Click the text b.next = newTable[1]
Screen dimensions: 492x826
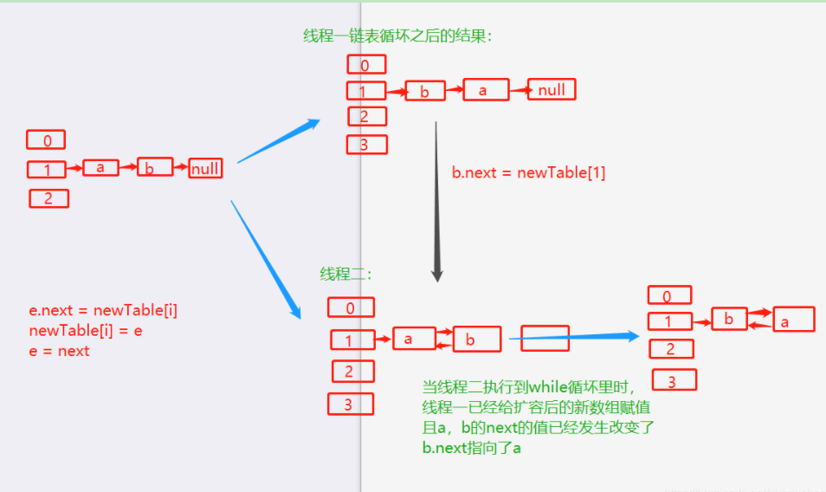[x=528, y=172]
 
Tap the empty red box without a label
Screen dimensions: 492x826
[x=545, y=338]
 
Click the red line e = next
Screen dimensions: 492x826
[x=59, y=351]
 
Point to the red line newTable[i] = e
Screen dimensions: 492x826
[x=85, y=331]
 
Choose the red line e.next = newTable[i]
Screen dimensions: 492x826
[x=103, y=310]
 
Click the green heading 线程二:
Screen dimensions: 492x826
[x=346, y=274]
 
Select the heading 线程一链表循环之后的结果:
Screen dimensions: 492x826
[x=397, y=36]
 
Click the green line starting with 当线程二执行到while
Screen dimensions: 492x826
[x=528, y=387]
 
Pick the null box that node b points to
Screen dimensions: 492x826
[x=205, y=168]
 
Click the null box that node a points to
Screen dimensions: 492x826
[x=552, y=89]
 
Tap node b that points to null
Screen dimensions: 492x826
[x=150, y=168]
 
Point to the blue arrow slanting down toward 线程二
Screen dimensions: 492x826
[x=267, y=260]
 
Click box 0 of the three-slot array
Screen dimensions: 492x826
[x=46, y=140]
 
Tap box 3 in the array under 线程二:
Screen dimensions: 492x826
[x=350, y=404]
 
